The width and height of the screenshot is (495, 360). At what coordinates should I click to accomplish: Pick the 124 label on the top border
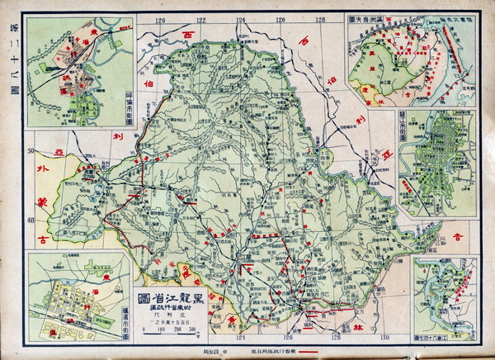(241, 18)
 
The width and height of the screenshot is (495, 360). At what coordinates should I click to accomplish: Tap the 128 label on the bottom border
(337, 339)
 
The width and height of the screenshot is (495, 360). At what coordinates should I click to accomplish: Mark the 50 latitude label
(31, 151)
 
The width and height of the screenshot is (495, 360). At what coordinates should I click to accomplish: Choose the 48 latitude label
(31, 220)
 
